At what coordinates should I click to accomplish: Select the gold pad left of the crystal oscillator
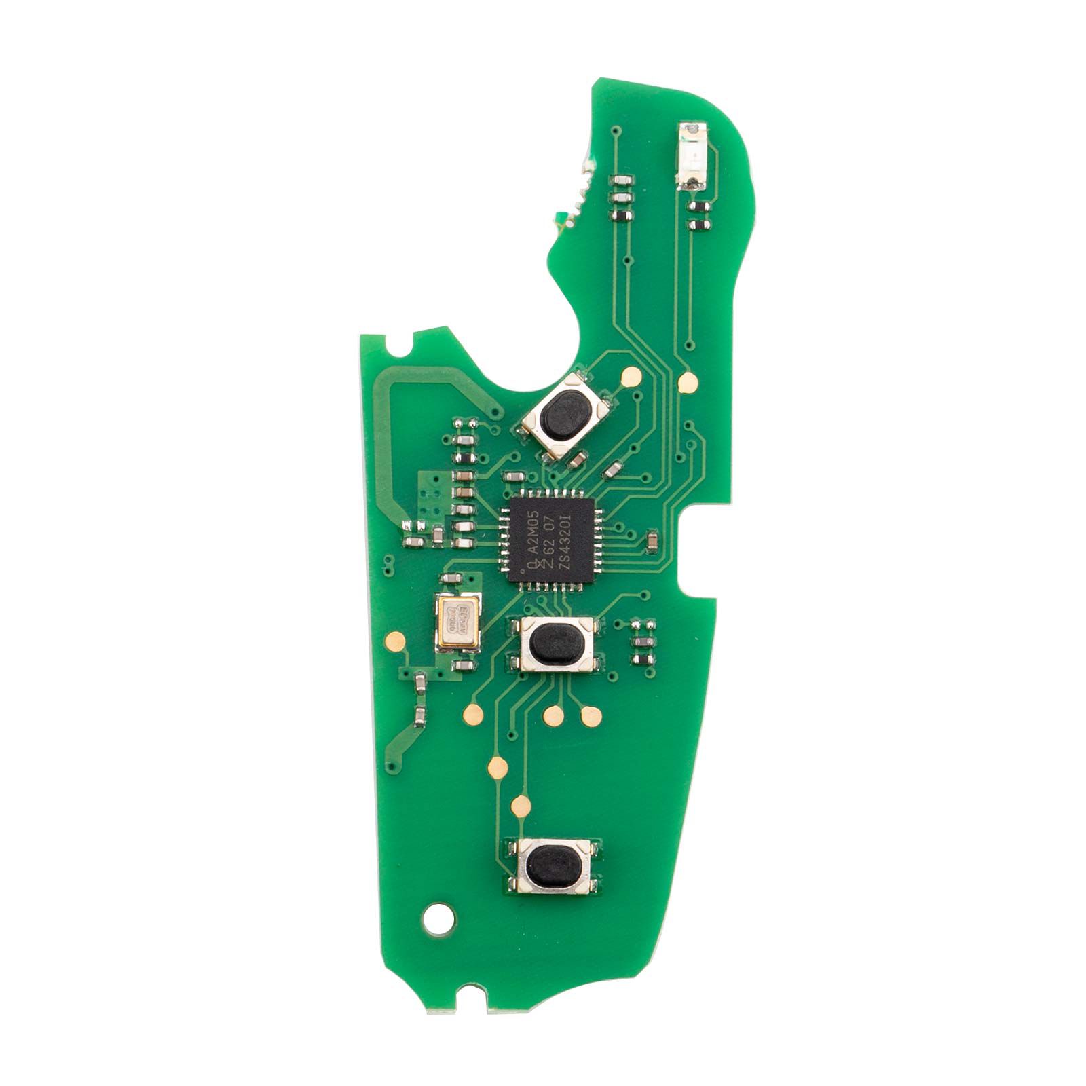pos(393,639)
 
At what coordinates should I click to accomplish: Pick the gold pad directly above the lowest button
pos(521,806)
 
